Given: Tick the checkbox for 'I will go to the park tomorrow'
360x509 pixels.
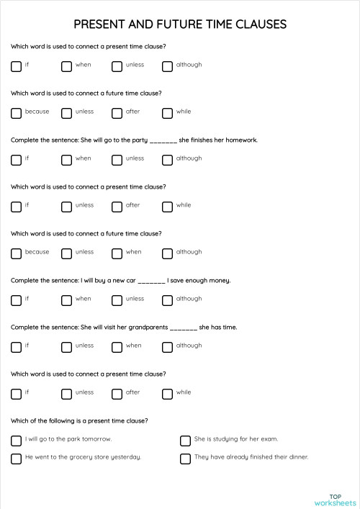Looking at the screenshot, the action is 16,440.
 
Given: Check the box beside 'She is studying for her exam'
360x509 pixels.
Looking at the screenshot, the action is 185,440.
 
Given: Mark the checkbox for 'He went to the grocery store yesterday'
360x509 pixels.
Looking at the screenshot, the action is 16,458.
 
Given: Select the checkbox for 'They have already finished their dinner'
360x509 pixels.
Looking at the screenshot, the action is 185,458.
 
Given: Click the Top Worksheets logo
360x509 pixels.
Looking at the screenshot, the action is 335,500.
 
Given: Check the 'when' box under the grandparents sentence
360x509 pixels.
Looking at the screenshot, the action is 117,346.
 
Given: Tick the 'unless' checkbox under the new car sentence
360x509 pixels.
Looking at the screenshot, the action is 117,299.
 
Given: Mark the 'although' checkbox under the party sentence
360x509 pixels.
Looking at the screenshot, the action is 167,159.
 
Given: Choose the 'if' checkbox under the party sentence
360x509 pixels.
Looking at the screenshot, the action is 16,159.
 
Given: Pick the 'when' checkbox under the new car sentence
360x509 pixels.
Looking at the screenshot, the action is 66,299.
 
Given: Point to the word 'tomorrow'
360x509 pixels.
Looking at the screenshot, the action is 97,438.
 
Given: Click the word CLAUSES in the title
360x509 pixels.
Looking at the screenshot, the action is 257,24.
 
